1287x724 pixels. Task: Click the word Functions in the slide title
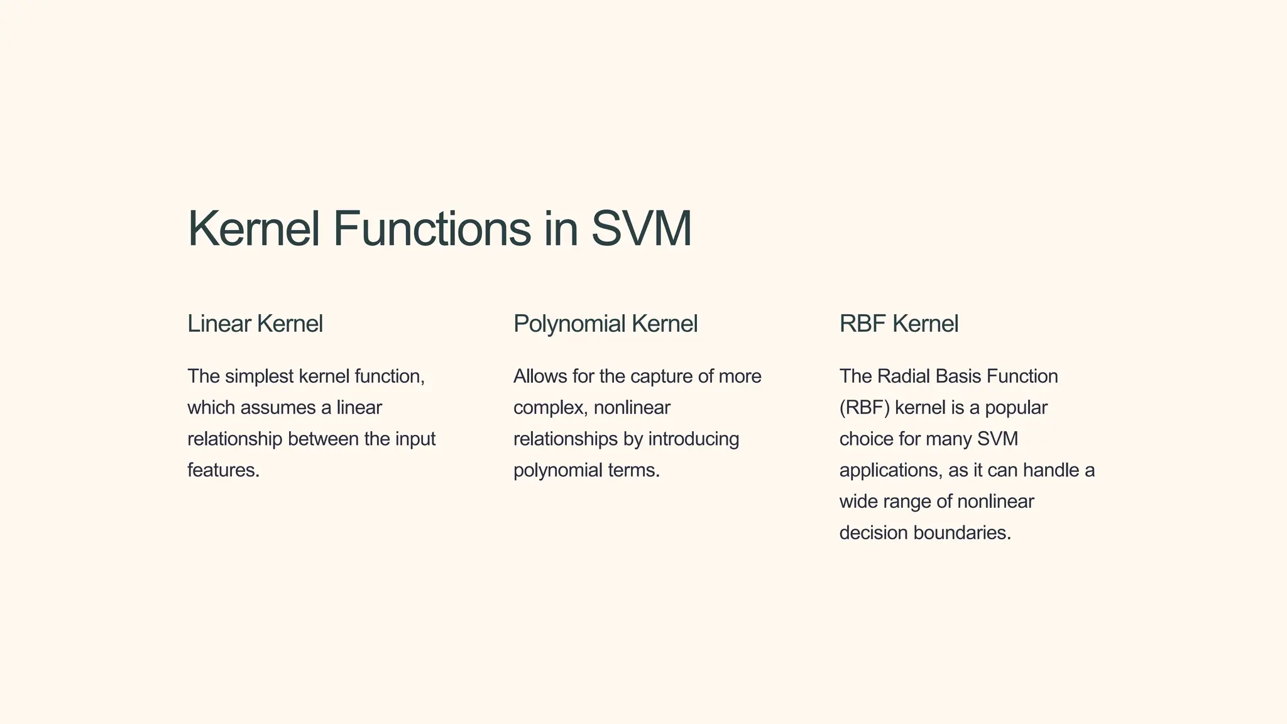coord(432,229)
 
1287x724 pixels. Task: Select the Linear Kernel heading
coord(255,324)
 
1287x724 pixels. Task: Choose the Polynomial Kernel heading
coord(605,324)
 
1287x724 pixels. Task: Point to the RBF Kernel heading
coord(899,324)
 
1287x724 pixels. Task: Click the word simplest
coord(259,376)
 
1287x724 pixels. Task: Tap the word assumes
coord(278,408)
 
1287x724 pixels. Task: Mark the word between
coord(323,439)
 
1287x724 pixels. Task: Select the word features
coord(222,470)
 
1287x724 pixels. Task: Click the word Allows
coord(540,376)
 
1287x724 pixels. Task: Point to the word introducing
coord(693,439)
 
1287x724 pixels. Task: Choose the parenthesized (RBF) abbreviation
coord(864,408)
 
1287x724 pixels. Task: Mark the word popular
coord(1016,408)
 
